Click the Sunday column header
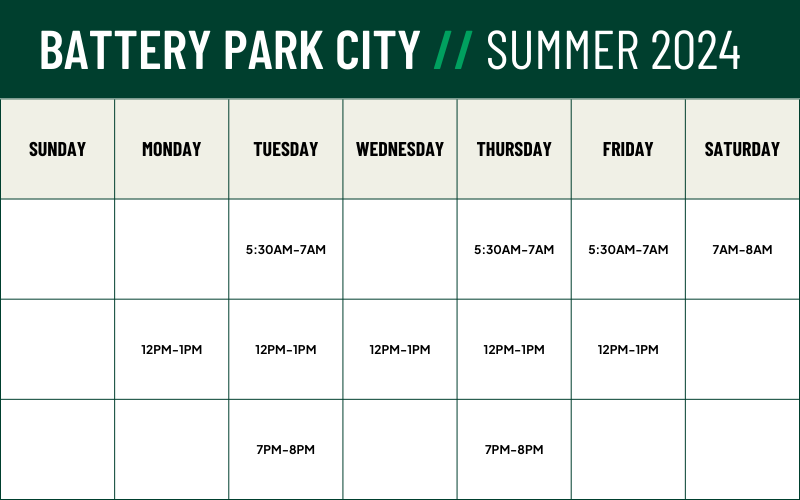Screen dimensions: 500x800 tap(57, 149)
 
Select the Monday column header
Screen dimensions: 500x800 tap(171, 149)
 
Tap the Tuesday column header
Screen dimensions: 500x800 tap(286, 149)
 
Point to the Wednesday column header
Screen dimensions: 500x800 tap(400, 149)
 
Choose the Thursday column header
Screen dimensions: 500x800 tap(514, 149)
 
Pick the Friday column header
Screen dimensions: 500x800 tap(628, 149)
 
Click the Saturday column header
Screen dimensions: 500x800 tap(742, 149)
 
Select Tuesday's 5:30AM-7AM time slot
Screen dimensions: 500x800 tap(286, 249)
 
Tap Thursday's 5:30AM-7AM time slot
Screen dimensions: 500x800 tap(514, 249)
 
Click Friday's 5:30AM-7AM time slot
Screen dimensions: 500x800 tap(628, 249)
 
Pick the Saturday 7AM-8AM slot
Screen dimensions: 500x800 tap(742, 249)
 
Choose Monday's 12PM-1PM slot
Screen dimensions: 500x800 tap(171, 349)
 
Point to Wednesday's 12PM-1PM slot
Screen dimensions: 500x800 tap(400, 349)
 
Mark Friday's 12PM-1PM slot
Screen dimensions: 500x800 tap(628, 349)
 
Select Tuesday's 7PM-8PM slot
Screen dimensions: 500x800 tap(286, 449)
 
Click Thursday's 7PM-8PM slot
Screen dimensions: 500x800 tap(514, 449)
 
